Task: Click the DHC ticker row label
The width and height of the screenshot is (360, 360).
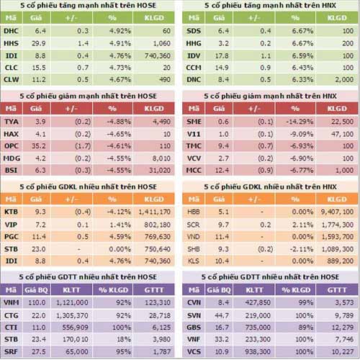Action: [11, 32]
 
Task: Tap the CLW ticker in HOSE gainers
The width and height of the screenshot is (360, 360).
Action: [12, 79]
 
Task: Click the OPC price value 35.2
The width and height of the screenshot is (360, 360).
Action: [42, 145]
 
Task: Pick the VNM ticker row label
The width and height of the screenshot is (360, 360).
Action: [12, 305]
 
